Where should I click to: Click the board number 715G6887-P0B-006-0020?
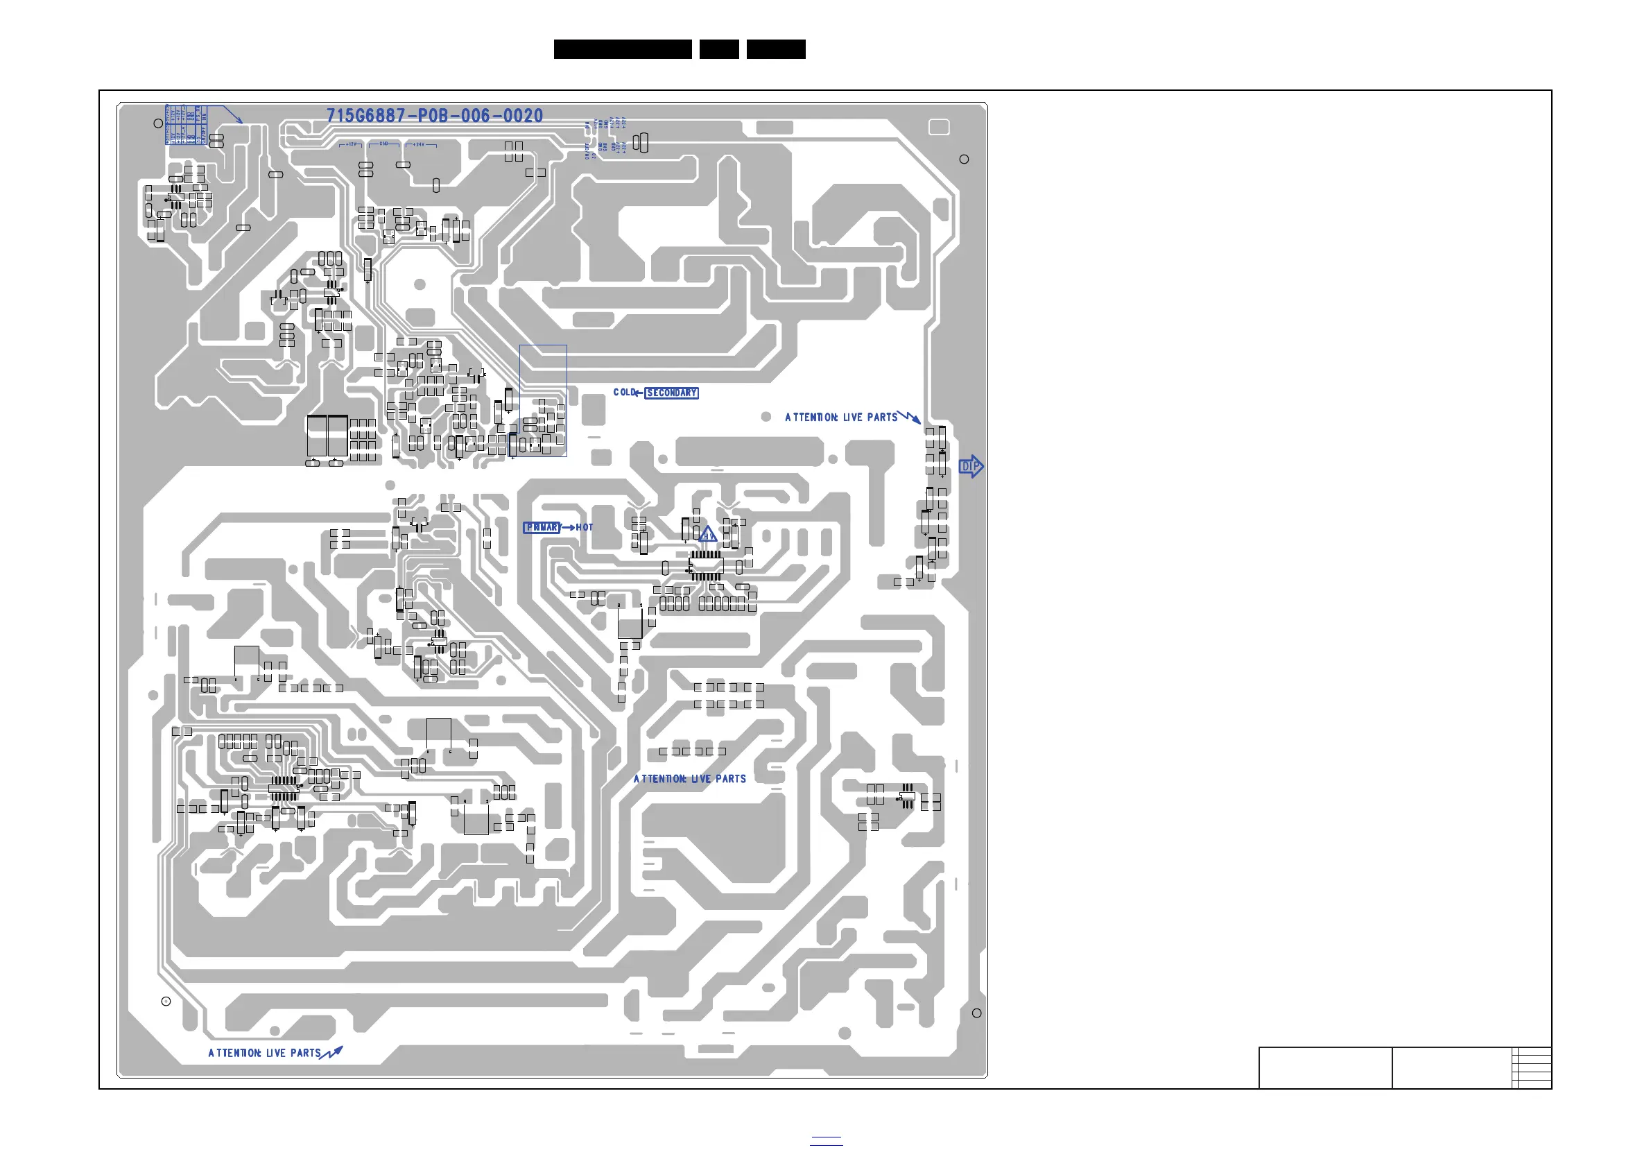(x=434, y=116)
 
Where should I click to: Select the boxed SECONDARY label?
(x=672, y=393)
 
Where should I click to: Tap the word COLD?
(x=623, y=392)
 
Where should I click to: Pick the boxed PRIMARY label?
(x=542, y=527)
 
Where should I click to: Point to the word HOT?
(x=585, y=527)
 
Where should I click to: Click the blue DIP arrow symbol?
(x=971, y=466)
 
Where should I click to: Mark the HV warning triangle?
(x=707, y=534)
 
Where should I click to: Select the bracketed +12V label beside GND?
(x=351, y=144)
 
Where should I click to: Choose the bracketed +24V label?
(x=420, y=144)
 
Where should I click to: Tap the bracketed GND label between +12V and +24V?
(x=384, y=144)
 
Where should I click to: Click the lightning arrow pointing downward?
(x=910, y=416)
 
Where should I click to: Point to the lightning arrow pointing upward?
(x=332, y=1053)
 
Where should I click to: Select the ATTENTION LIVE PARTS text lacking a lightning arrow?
(x=690, y=779)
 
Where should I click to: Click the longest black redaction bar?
(x=623, y=49)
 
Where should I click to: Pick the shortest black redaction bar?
(x=719, y=49)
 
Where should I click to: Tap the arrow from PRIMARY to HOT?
(x=568, y=527)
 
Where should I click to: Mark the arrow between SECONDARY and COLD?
(x=639, y=393)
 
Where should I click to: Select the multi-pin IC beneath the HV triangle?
(x=706, y=565)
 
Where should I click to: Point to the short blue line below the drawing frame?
(x=827, y=1144)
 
